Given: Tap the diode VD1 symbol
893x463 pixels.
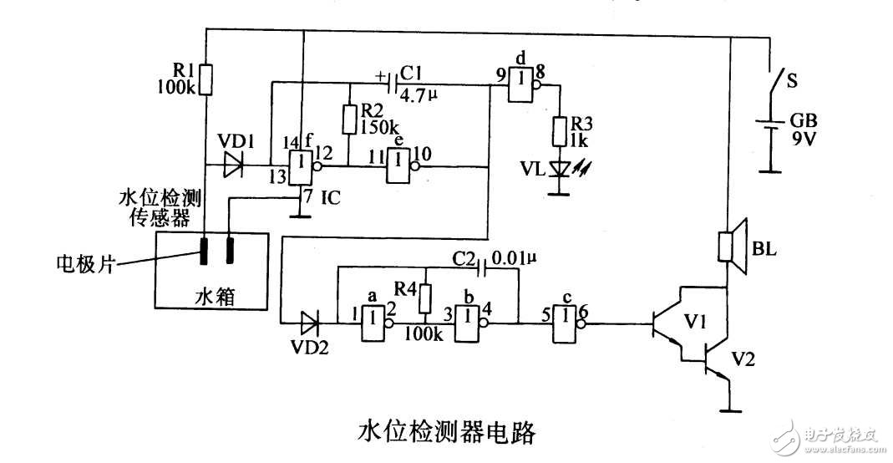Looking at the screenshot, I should [231, 166].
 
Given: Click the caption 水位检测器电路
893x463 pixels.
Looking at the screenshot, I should [446, 431].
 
